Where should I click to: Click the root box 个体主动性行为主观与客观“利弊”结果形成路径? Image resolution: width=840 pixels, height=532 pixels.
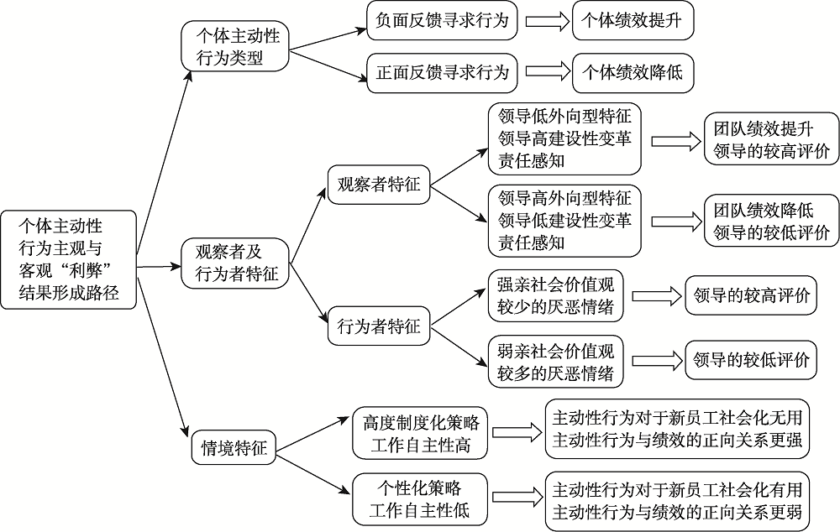pos(69,259)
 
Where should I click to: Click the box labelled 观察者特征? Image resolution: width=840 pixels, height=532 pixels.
pos(378,183)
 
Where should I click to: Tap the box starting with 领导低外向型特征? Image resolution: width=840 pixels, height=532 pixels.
pos(564,138)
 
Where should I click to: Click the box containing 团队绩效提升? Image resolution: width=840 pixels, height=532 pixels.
pos(770,139)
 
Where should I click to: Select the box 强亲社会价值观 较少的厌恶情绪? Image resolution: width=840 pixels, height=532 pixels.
pos(556,295)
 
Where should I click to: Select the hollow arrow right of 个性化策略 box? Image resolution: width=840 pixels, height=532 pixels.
pos(516,498)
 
